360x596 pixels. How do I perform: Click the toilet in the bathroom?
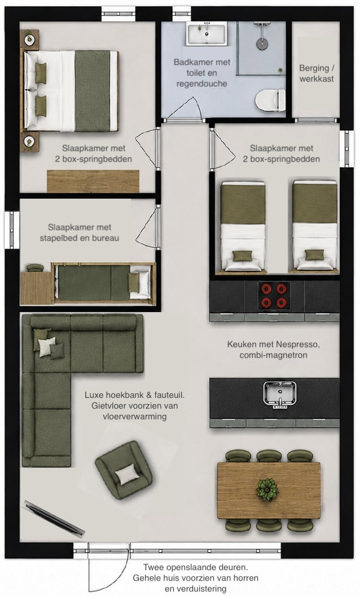coord(270,100)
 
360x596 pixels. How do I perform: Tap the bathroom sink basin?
coord(207,33)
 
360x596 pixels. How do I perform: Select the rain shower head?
coord(261,42)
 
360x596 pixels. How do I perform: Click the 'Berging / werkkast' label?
coord(317,73)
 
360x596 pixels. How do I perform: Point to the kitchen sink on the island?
coord(279,394)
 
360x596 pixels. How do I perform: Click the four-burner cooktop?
coord(274,295)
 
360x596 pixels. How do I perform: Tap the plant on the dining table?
coord(267,489)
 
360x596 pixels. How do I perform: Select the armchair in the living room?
coord(124,470)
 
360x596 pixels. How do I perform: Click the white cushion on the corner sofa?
coord(47,347)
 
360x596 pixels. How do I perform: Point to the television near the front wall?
coord(53,519)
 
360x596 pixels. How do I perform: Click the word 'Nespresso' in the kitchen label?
coord(298,344)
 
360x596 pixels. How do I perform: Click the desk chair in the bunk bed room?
coord(35,268)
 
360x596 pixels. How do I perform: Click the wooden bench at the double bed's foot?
coord(93,181)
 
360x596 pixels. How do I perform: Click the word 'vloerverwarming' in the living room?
coord(134,416)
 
